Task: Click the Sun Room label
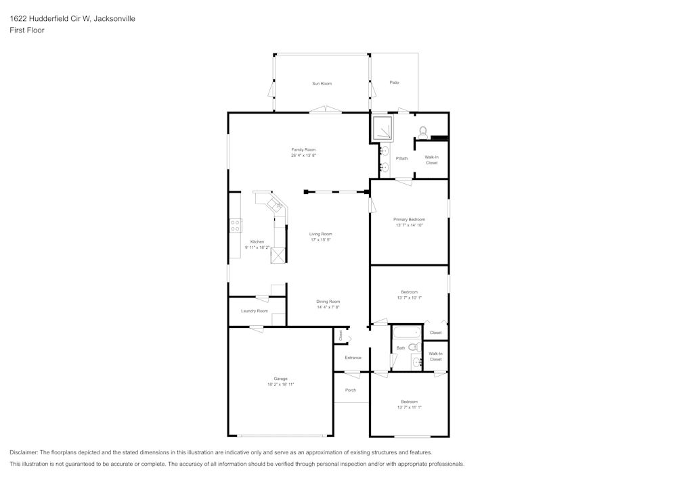coord(322,83)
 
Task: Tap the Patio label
coord(394,82)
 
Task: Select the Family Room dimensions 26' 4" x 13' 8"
coord(303,156)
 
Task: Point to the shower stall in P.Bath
coord(383,126)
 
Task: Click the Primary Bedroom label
coord(409,219)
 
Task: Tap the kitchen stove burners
coord(236,225)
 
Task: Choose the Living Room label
coord(321,234)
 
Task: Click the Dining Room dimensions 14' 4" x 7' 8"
coord(328,307)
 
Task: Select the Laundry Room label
coord(254,311)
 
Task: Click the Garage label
coord(280,379)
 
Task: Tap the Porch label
coord(351,390)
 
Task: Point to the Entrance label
coord(353,358)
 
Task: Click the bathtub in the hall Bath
coord(407,333)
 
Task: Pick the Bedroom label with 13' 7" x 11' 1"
coord(409,402)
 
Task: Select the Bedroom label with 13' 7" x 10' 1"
coord(409,292)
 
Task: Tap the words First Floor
coord(27,30)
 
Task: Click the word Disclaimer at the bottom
coord(24,452)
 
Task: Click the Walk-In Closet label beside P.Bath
coord(431,160)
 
